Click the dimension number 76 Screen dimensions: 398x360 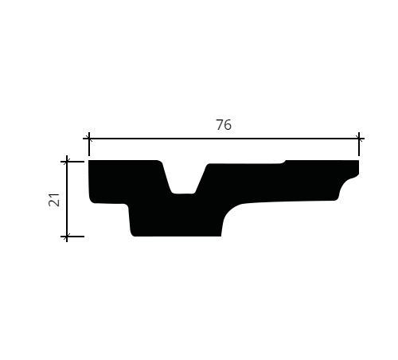[224, 125]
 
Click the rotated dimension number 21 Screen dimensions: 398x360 [54, 200]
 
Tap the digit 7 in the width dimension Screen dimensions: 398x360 [220, 125]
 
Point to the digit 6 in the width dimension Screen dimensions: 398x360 [228, 125]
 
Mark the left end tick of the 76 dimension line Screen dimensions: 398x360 [89, 139]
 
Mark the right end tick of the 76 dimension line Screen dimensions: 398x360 [359, 139]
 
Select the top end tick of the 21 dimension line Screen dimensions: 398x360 [67, 162]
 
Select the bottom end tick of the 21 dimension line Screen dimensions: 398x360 [67, 236]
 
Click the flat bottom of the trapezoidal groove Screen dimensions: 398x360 [184, 194]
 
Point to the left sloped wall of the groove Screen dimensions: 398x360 [166, 177]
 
